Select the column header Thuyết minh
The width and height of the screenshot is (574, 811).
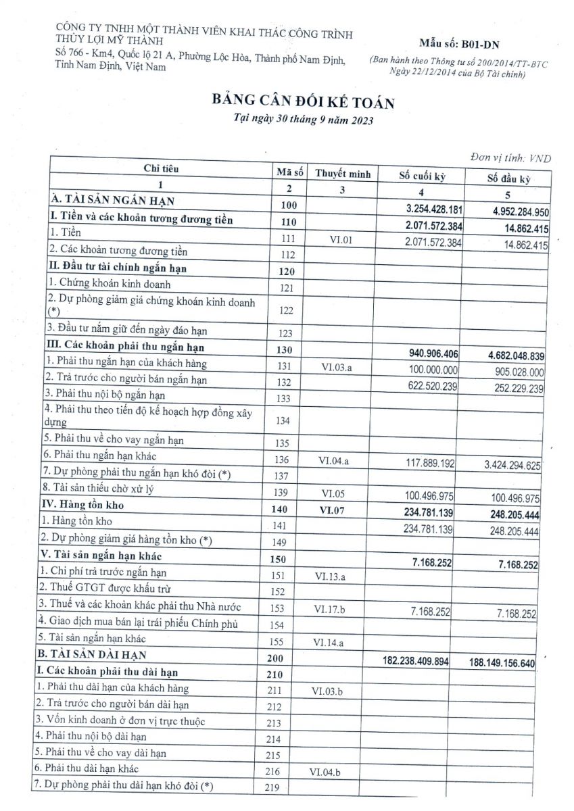[x=342, y=174]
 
